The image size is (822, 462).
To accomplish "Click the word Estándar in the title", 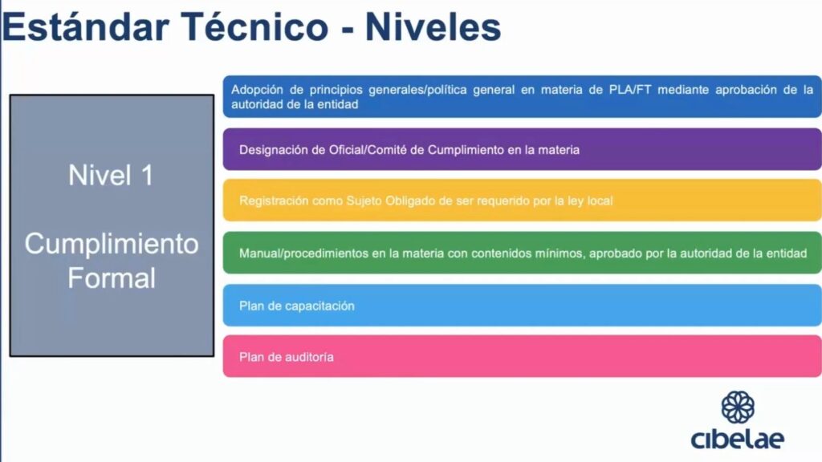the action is click(x=86, y=27).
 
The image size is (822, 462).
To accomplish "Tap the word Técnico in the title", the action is click(x=254, y=27).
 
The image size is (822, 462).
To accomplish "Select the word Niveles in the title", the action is click(x=433, y=27).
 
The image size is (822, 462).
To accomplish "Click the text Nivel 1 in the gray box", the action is click(x=111, y=175).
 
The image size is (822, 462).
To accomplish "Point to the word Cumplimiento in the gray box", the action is click(x=112, y=244).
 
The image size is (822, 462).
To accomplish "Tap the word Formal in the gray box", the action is click(x=112, y=278).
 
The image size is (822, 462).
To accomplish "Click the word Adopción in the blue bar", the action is click(x=257, y=90).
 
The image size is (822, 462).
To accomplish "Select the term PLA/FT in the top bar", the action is click(x=629, y=90).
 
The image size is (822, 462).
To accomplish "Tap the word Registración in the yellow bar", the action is click(x=273, y=201).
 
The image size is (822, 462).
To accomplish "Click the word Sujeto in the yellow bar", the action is click(x=364, y=201).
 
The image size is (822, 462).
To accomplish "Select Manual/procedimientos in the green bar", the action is click(x=303, y=253).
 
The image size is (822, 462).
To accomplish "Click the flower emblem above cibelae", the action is click(x=738, y=407).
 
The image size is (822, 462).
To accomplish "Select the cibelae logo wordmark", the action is click(x=738, y=439).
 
